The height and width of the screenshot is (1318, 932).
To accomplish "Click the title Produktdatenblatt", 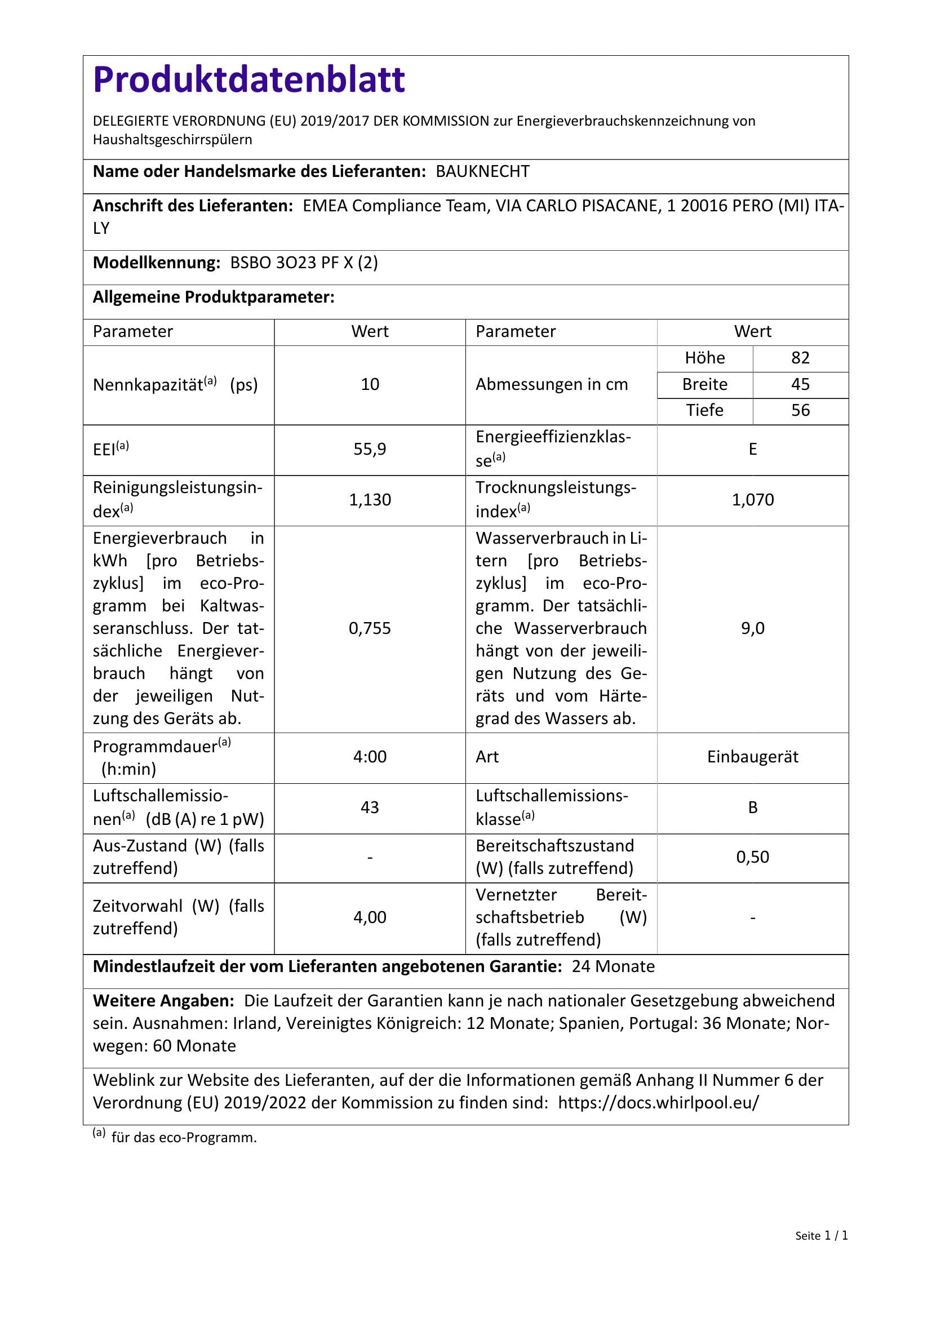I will click(x=249, y=79).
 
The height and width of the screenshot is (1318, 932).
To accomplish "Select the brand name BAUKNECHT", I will click(x=483, y=172).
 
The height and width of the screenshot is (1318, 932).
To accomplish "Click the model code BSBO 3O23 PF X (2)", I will click(x=304, y=263).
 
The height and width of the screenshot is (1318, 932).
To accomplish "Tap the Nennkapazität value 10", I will click(x=370, y=384).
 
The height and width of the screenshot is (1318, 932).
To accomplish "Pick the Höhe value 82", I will click(x=800, y=358).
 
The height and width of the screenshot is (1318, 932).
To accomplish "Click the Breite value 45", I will click(x=800, y=384).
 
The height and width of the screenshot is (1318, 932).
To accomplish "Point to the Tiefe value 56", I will click(x=800, y=410).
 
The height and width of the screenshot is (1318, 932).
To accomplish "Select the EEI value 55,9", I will click(x=370, y=449).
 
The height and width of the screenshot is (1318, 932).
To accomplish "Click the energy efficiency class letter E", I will click(x=752, y=449).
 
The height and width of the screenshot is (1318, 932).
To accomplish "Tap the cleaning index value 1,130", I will click(x=370, y=499).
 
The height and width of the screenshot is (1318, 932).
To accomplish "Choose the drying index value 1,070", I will click(x=752, y=499).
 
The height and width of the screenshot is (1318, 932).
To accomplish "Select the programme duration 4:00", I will click(x=370, y=757).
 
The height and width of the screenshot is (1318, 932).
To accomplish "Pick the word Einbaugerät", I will click(x=752, y=757).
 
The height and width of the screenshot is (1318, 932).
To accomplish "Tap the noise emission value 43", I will click(x=370, y=807).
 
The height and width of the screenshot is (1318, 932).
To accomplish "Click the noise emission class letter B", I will click(x=752, y=807).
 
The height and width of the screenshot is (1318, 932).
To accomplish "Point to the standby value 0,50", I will click(x=752, y=857).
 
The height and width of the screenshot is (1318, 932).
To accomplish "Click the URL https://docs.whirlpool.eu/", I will click(x=658, y=1103).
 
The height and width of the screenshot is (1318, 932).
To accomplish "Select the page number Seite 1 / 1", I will click(x=821, y=1252).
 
